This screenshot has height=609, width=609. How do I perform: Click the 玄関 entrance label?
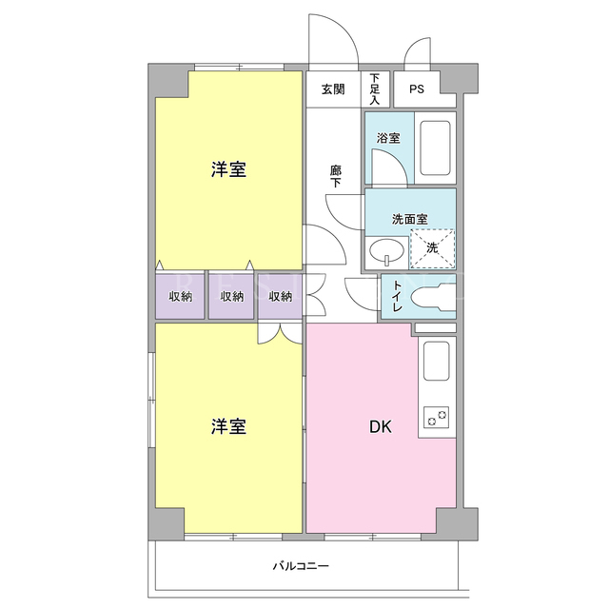pyautogui.click(x=333, y=89)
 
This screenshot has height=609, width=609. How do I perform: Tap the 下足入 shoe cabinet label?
pyautogui.click(x=374, y=88)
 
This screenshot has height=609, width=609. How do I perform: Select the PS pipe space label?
pyautogui.click(x=417, y=89)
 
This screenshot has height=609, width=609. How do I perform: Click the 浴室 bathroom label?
pyautogui.click(x=388, y=138)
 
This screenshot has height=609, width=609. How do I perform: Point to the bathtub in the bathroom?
pyautogui.click(x=436, y=148)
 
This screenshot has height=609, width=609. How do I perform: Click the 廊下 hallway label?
pyautogui.click(x=336, y=176)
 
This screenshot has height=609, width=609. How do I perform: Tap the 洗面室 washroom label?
pyautogui.click(x=410, y=220)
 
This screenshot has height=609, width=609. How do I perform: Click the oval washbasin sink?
pyautogui.click(x=386, y=251)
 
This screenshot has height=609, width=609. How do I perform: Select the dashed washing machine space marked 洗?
pyautogui.click(x=433, y=248)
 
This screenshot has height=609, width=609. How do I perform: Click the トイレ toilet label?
pyautogui.click(x=397, y=296)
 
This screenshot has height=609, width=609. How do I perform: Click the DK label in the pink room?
pyautogui.click(x=381, y=427)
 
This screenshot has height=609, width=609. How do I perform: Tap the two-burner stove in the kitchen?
pyautogui.click(x=436, y=417)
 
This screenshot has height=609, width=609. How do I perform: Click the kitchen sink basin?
pyautogui.click(x=437, y=362)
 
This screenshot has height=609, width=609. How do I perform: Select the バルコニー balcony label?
pyautogui.click(x=301, y=566)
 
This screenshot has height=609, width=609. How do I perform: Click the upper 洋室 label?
pyautogui.click(x=228, y=169)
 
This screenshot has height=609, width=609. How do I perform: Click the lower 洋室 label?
pyautogui.click(x=228, y=426)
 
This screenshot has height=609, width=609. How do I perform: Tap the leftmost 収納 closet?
pyautogui.click(x=180, y=296)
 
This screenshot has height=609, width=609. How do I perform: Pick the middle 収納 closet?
pyautogui.click(x=231, y=296)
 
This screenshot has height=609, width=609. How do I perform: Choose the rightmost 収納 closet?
pyautogui.click(x=280, y=296)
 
